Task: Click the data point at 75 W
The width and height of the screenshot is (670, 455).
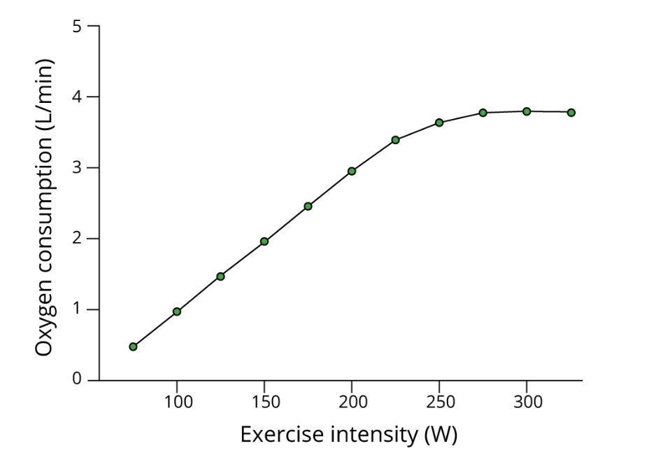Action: click(133, 346)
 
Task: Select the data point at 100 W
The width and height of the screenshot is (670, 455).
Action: click(177, 311)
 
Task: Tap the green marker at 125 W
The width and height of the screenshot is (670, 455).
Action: click(220, 276)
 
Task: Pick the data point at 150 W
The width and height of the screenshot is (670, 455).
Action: click(264, 241)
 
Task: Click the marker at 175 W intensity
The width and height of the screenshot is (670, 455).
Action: click(308, 206)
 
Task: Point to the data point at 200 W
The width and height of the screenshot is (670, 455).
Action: click(352, 171)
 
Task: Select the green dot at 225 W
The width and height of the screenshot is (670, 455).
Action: click(395, 140)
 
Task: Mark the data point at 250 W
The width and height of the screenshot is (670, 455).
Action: click(439, 122)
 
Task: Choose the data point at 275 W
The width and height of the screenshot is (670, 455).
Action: click(483, 113)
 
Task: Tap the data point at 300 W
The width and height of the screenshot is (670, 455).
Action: click(527, 111)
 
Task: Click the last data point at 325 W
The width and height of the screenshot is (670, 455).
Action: click(571, 113)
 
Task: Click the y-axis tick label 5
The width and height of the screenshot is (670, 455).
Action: click(77, 27)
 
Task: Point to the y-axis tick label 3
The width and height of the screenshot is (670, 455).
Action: click(77, 168)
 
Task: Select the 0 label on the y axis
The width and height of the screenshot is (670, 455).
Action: click(77, 380)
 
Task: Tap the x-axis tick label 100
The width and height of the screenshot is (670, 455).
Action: click(178, 402)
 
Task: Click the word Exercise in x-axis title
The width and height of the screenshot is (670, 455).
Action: click(275, 435)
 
